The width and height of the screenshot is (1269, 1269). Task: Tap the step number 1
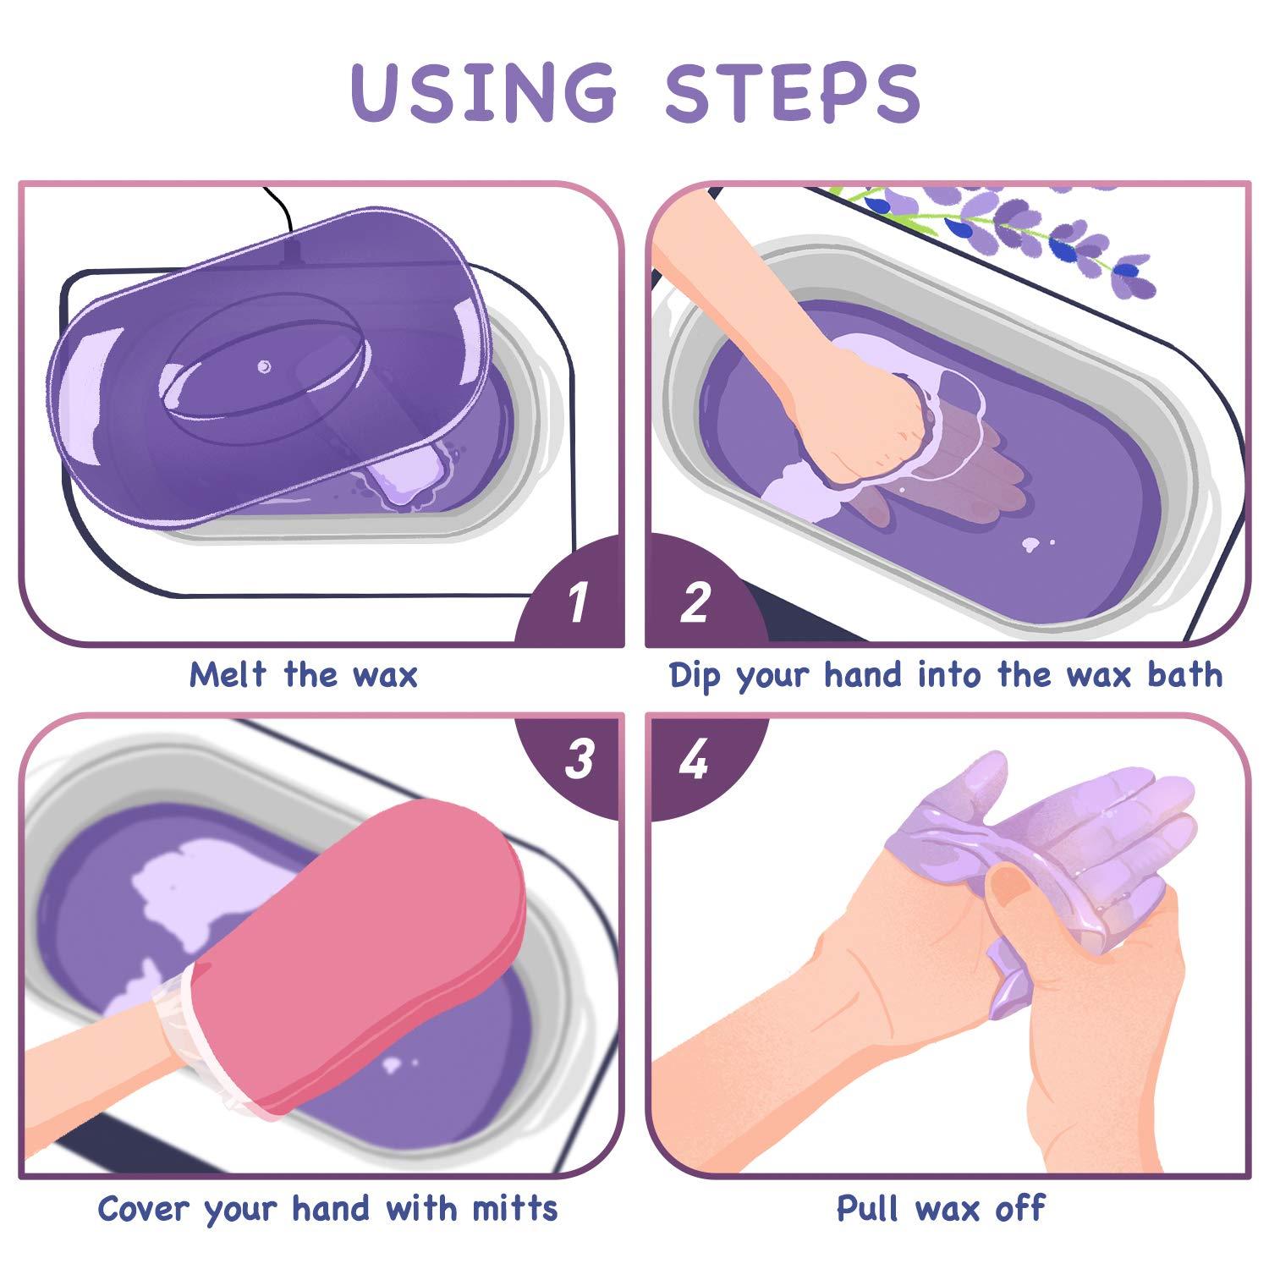pos(578,603)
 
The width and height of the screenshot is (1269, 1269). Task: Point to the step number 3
pos(580,759)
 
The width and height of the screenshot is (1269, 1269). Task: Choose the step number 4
pos(694,759)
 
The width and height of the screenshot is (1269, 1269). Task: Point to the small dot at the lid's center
pos(264,366)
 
